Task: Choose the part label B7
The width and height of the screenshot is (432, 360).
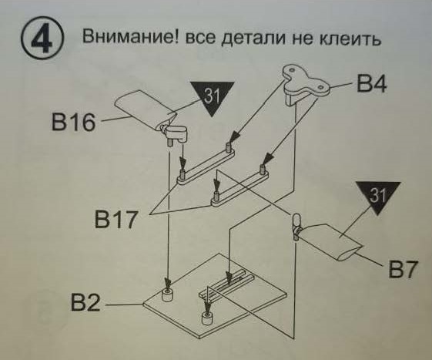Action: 404,270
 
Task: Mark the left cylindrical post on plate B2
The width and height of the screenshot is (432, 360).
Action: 169,295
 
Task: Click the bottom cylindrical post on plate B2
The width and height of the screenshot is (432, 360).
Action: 206,317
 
